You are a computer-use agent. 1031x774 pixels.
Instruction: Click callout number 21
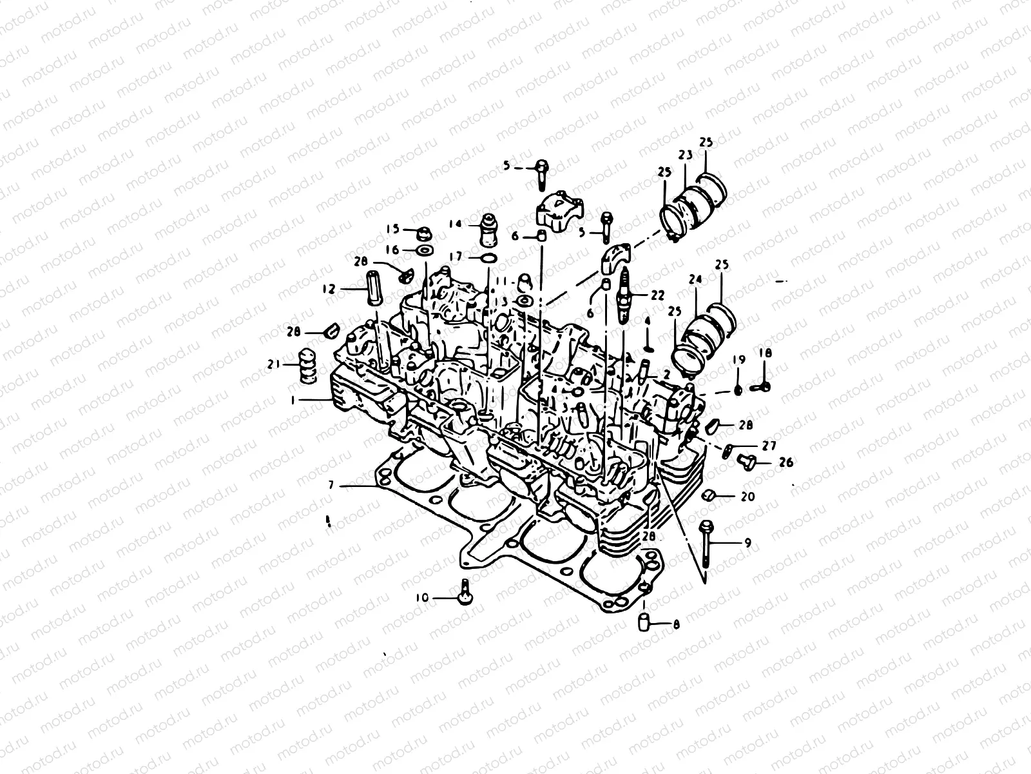pyautogui.click(x=273, y=365)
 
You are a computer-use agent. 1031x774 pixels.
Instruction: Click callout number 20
pyautogui.click(x=747, y=497)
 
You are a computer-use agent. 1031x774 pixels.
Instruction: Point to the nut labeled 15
pyautogui.click(x=426, y=231)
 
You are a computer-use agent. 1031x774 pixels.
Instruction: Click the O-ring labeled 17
pyautogui.click(x=488, y=258)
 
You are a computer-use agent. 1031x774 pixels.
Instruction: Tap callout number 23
pyautogui.click(x=684, y=155)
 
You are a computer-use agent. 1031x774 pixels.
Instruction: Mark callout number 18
pyautogui.click(x=765, y=353)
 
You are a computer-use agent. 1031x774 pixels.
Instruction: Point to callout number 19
pyautogui.click(x=738, y=359)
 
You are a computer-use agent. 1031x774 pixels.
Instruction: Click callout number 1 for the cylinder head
pyautogui.click(x=293, y=400)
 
